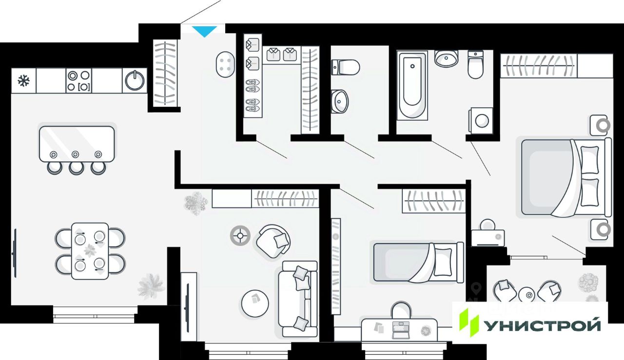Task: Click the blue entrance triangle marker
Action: point(204,31)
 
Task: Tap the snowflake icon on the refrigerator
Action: point(23,80)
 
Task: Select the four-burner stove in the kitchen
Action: point(79,81)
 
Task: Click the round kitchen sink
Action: point(135,80)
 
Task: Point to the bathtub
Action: point(412,85)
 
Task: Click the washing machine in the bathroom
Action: point(482,120)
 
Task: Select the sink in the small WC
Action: point(340,101)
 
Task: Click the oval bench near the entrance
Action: point(225,63)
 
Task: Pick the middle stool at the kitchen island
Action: point(76,168)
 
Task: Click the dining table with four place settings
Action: point(90,251)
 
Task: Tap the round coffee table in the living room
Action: point(255,303)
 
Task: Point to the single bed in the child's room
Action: point(418,262)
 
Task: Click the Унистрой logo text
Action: point(541,324)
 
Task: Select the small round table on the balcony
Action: point(527,294)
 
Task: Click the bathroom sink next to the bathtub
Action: point(446,58)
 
